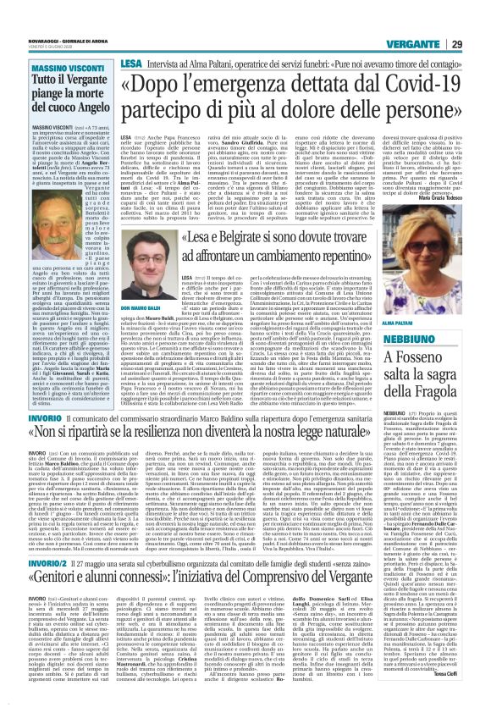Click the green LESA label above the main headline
pyautogui.click(x=130, y=39)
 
